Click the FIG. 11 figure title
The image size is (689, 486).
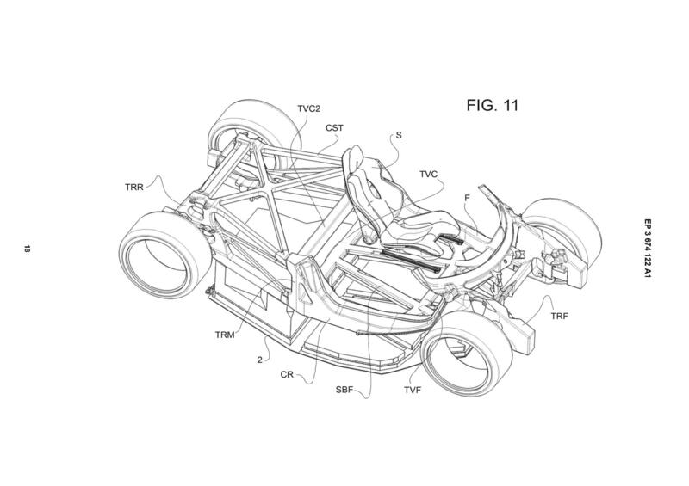(x=492, y=105)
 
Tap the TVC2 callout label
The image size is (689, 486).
(x=309, y=108)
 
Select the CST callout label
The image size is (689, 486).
(x=334, y=128)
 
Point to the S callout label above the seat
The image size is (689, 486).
(x=399, y=135)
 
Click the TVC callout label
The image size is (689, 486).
(x=428, y=175)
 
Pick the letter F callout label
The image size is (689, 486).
(x=467, y=198)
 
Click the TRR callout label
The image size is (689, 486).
(x=134, y=187)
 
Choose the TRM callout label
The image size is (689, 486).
(x=225, y=335)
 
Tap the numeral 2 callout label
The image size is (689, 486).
(x=260, y=360)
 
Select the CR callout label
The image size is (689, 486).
(x=287, y=375)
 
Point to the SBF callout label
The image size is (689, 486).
(x=344, y=390)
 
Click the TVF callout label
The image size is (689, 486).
(x=413, y=390)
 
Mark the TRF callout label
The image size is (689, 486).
(x=559, y=316)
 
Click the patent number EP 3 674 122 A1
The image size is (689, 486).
(x=648, y=249)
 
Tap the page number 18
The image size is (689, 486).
(x=28, y=249)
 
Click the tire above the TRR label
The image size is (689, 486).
(x=254, y=127)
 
